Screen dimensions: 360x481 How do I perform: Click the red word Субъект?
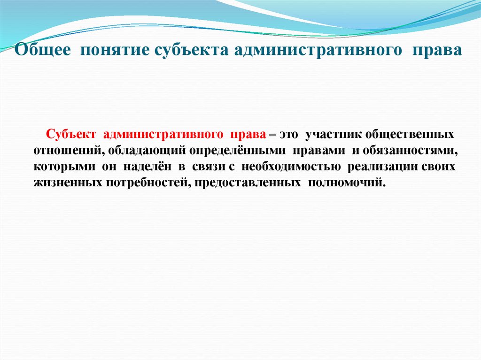tap(71, 135)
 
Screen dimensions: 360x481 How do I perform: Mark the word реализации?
tap(383, 167)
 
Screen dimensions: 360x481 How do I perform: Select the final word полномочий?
tap(347, 183)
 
